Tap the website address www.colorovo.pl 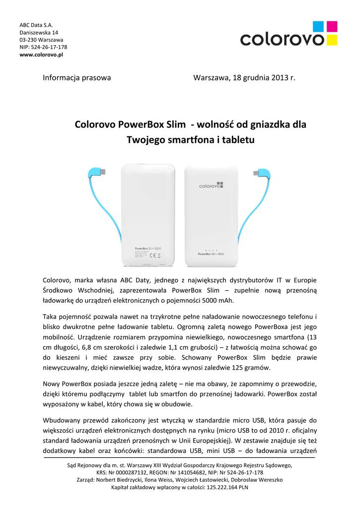pyautogui.click(x=41, y=55)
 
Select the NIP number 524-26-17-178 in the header pyautogui.click(x=49, y=47)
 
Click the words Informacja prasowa pyautogui.click(x=77, y=78)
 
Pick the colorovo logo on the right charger pyautogui.click(x=212, y=186)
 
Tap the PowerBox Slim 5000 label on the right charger pyautogui.click(x=212, y=254)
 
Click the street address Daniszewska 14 pyautogui.click(x=39, y=32)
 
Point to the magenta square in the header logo pyautogui.click(x=333, y=26)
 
